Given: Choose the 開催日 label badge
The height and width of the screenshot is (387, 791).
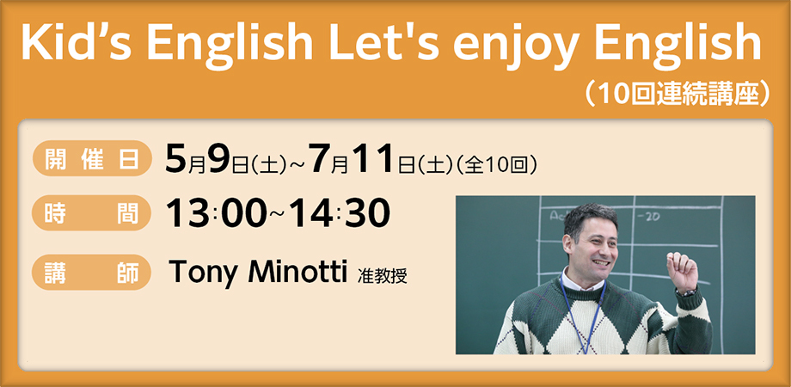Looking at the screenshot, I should (87, 162).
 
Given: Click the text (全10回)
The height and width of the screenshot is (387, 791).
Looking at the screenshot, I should (500, 163).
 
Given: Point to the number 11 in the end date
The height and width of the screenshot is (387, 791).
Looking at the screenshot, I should (376, 160).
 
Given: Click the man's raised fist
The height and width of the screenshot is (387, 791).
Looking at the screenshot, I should (684, 271).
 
